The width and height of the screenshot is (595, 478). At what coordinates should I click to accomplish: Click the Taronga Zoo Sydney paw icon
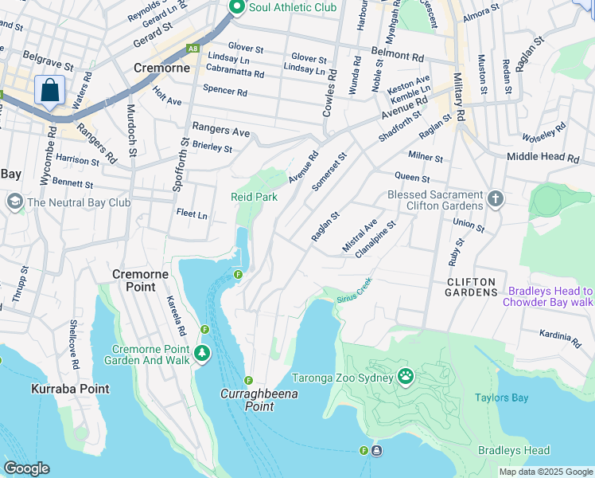(x=406, y=375)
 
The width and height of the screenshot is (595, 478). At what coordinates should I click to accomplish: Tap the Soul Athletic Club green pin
(x=236, y=7)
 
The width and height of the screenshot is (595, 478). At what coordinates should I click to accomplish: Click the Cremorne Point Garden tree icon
(x=202, y=351)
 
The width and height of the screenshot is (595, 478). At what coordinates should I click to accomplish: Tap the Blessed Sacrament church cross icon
(x=496, y=198)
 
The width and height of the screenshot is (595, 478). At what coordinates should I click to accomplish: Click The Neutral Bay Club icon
(x=14, y=202)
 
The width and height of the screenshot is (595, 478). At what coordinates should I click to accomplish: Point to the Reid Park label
(x=254, y=196)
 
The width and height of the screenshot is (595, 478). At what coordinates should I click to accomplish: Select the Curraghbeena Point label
(x=247, y=400)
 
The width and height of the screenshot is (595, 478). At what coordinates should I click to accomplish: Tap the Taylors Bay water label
(x=501, y=398)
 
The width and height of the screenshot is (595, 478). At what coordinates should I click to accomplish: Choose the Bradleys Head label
(x=514, y=450)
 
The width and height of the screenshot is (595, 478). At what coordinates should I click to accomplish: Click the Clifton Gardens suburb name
(x=471, y=287)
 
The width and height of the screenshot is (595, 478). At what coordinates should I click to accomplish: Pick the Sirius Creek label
(x=354, y=296)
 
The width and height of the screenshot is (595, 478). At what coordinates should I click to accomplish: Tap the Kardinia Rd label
(x=560, y=338)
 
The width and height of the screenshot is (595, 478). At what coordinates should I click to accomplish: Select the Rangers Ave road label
(x=220, y=130)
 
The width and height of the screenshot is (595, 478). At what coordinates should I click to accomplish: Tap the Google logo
(x=26, y=468)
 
